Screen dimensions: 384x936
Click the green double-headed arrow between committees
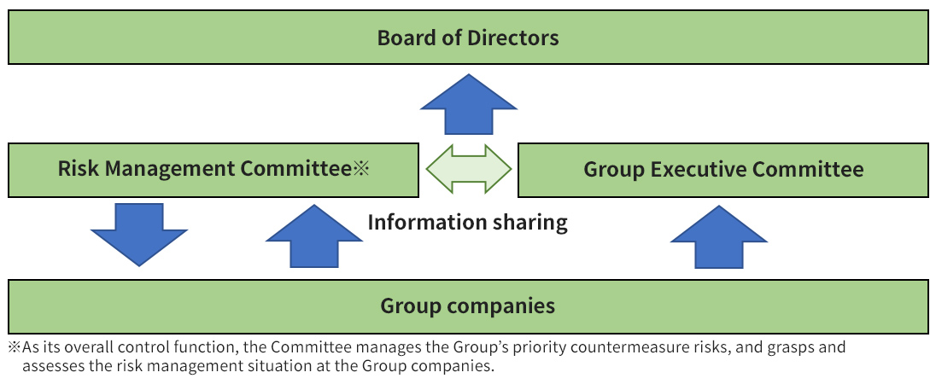(x=469, y=169)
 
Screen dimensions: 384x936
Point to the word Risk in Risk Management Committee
(x=75, y=169)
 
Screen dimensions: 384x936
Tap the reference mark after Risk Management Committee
(x=360, y=169)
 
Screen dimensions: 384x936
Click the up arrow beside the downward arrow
(x=314, y=236)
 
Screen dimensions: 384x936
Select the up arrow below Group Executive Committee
(x=719, y=236)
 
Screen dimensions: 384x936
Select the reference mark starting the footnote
(x=15, y=348)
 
